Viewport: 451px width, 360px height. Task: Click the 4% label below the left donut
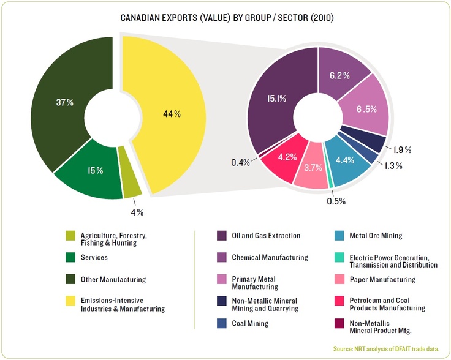click(x=136, y=212)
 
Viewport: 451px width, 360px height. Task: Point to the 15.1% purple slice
click(x=272, y=98)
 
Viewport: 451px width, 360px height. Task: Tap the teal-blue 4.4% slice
click(x=345, y=163)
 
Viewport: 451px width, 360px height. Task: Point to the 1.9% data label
click(x=402, y=149)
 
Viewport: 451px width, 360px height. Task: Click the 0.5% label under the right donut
click(x=336, y=201)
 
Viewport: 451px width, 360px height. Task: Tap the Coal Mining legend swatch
click(x=224, y=323)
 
